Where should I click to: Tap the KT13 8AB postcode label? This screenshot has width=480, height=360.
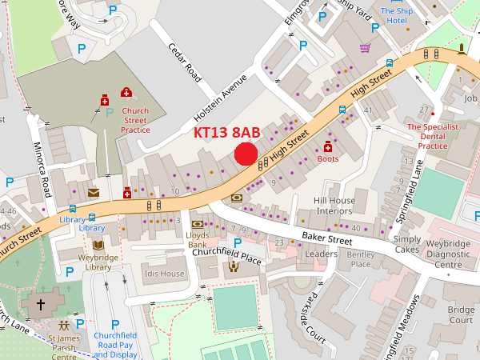[x=227, y=133]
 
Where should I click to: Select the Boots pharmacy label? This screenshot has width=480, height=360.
[x=328, y=159]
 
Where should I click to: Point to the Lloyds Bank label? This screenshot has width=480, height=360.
[x=197, y=240]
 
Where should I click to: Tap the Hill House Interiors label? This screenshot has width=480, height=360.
[x=334, y=205]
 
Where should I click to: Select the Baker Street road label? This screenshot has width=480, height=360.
[x=327, y=238]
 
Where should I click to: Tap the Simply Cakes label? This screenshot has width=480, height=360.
[x=406, y=245]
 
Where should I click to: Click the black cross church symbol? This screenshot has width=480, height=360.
[x=41, y=304]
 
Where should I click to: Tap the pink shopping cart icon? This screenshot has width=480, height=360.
[x=366, y=48]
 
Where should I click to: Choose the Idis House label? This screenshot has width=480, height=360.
[x=165, y=274]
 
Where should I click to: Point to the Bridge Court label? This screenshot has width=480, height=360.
[x=461, y=314]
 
